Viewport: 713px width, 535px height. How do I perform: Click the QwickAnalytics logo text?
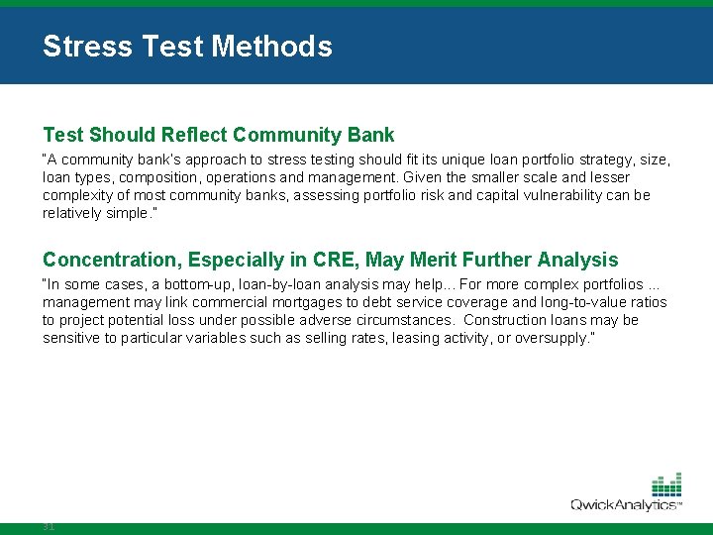pos(624,505)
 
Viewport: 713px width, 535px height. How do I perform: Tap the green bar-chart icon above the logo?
pos(666,484)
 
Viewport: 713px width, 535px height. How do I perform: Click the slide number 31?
pos(49,526)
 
